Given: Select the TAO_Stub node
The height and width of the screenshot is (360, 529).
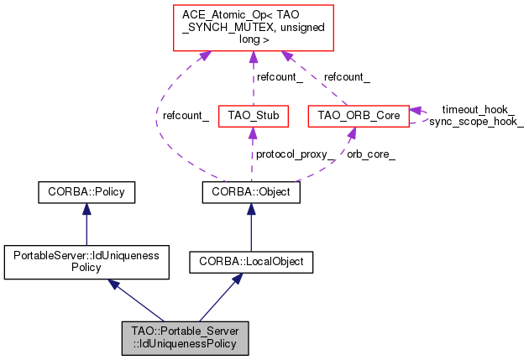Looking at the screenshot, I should (x=253, y=115).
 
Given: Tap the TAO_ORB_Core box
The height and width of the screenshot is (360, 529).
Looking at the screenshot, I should (x=358, y=115).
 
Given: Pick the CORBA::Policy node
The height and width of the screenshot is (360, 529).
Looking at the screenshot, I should (x=86, y=192).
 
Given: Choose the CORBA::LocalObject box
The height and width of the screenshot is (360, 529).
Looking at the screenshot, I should (x=251, y=262).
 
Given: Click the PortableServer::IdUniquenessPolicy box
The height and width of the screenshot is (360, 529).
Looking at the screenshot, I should (x=86, y=261).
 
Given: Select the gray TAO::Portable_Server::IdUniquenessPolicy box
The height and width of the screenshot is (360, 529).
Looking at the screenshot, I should (x=185, y=336).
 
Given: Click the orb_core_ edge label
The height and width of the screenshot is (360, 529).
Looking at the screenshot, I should (x=372, y=154).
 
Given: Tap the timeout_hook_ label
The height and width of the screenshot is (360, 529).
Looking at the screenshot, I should (x=478, y=110).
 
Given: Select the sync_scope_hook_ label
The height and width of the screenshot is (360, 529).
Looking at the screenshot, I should (x=476, y=122).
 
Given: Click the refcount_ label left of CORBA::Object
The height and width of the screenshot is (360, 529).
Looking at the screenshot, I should (x=186, y=115).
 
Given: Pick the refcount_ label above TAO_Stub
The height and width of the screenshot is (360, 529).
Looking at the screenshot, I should (x=279, y=76).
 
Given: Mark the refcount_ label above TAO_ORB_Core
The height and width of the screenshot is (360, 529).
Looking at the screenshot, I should (x=347, y=76).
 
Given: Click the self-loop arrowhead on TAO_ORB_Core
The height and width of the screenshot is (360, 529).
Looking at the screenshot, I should (x=415, y=111).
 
